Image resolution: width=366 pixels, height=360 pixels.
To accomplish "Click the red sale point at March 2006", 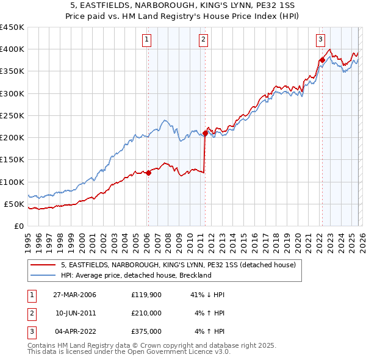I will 148,173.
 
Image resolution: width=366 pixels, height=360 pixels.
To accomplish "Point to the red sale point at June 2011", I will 205,134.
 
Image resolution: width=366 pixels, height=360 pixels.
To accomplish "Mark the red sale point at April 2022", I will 321,60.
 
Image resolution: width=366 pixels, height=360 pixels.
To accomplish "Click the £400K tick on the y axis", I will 12,49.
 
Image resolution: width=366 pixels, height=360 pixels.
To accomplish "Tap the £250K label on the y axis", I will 12,116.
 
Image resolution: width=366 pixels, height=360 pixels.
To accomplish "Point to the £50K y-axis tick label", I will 15,204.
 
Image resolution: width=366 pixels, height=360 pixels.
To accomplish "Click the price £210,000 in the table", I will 146,313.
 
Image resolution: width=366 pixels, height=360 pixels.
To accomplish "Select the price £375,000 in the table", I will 146,331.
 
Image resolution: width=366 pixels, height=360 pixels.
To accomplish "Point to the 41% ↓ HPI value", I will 207,295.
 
